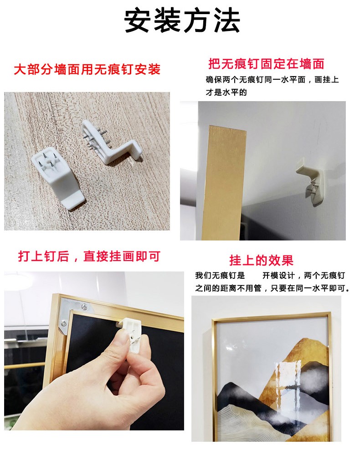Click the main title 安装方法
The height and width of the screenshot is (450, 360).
[x=182, y=20]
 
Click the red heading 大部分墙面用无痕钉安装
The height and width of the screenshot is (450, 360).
[x=87, y=69]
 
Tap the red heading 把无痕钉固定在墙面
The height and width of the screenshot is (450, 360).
[x=266, y=64]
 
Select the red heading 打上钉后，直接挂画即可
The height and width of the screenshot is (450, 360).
[x=89, y=256]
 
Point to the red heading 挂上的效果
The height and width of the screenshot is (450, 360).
[x=261, y=261]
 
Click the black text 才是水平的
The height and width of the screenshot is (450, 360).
[x=226, y=92]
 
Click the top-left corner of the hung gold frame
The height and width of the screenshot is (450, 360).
[x=212, y=319]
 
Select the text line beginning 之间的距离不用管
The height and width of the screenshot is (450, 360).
[x=273, y=288]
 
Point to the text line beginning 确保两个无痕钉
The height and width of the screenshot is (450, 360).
[x=272, y=80]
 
